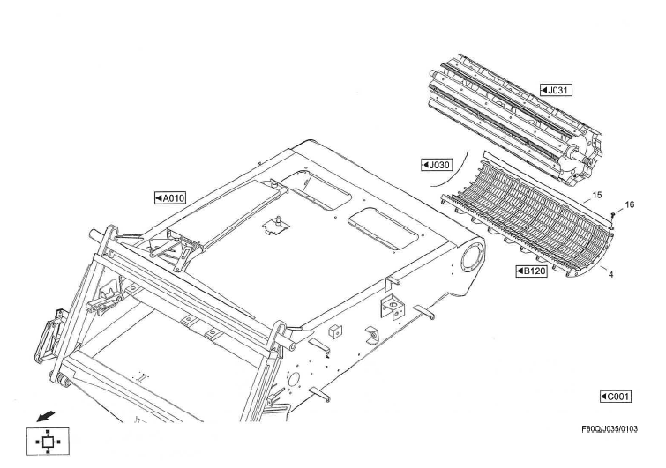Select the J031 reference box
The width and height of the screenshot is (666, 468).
pos(557,91)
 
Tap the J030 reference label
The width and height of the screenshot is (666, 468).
pos(437,165)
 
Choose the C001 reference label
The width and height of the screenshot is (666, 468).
pos(615,397)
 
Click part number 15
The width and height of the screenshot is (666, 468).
pos(596,194)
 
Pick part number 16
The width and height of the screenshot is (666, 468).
pos(629,204)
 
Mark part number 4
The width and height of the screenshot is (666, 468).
pos(610,274)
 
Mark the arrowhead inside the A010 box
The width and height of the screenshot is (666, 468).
pos(159,197)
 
